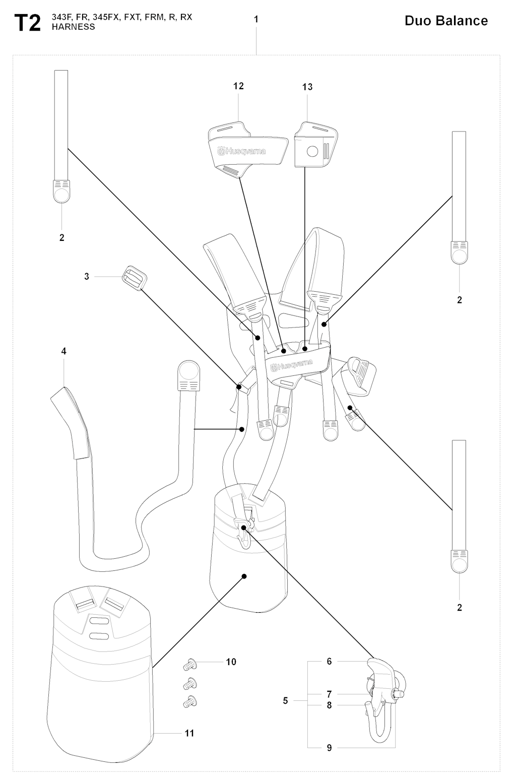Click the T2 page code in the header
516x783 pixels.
point(27,23)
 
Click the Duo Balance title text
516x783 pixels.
point(446,21)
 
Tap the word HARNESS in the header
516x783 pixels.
point(74,27)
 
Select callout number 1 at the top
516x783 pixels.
point(256,19)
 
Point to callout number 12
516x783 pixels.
point(239,86)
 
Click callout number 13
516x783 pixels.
point(308,87)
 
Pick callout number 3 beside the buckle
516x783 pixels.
point(87,277)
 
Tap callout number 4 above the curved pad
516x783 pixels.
point(63,351)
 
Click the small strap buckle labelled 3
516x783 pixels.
point(135,277)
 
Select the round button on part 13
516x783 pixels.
point(312,151)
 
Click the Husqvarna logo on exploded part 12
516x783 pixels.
point(241,151)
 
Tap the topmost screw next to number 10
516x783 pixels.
point(190,664)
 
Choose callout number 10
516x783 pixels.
point(231,662)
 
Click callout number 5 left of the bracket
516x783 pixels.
point(286,700)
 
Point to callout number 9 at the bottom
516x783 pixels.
point(330,748)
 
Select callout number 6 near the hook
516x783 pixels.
point(330,661)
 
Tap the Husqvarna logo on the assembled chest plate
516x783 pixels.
point(292,366)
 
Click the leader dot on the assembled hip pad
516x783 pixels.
point(244,576)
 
